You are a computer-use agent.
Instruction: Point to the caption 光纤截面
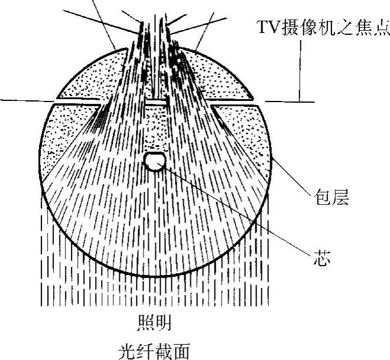coord(155,351)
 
